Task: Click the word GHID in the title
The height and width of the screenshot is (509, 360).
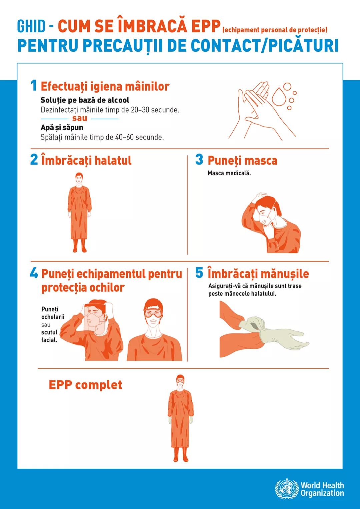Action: (x=31, y=26)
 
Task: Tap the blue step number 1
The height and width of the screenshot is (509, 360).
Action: (x=34, y=86)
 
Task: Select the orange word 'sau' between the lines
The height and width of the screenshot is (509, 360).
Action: (x=80, y=118)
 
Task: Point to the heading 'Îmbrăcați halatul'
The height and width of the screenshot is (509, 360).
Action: (x=86, y=160)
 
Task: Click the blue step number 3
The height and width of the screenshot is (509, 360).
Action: (x=199, y=160)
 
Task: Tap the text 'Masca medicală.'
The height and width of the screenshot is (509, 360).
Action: (x=229, y=173)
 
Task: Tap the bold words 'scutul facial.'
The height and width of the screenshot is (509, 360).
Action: (x=49, y=336)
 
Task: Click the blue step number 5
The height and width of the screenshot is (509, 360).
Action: (x=199, y=273)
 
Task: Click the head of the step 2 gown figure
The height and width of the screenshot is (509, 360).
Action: (x=79, y=179)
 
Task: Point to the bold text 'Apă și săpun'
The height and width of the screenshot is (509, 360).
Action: (x=62, y=128)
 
